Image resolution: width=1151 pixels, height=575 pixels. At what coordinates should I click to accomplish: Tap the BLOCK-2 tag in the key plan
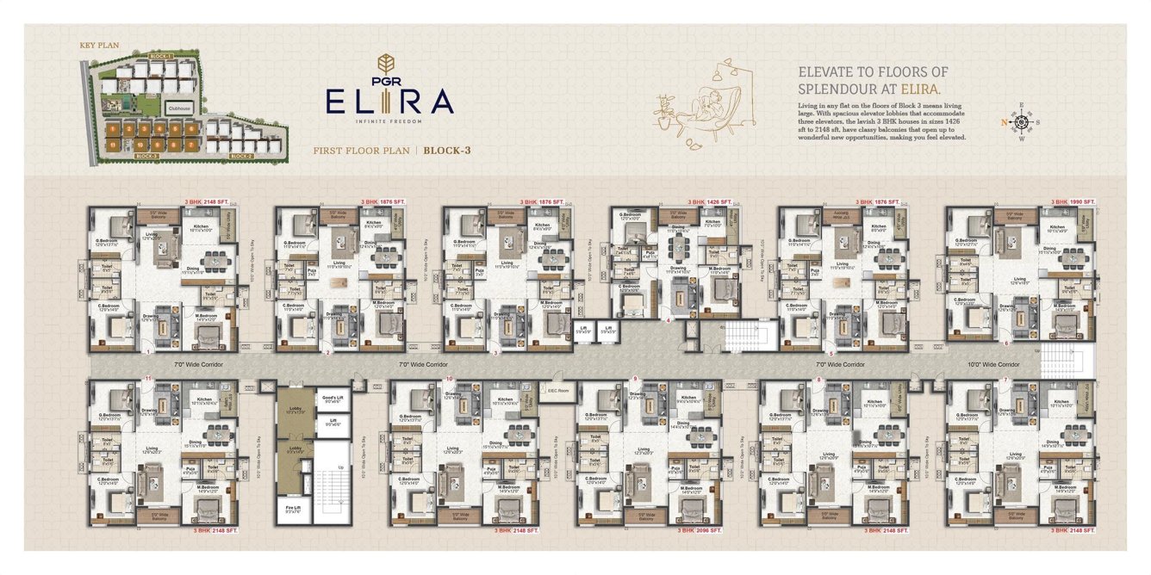point(241,157)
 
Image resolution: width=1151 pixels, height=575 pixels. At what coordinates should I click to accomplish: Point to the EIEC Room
point(557,391)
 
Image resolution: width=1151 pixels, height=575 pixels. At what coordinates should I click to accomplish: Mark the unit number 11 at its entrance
point(149,378)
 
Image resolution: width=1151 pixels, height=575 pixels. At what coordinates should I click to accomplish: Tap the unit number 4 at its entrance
point(669,320)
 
